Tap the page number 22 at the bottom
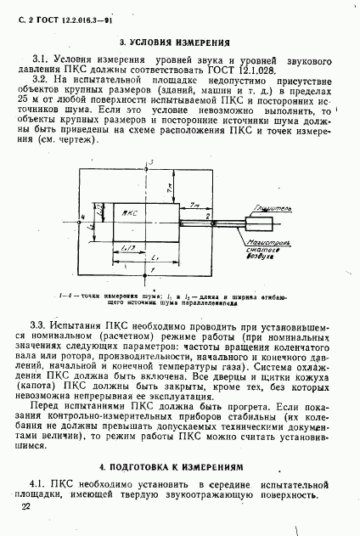[25, 506]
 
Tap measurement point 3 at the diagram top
[149, 162]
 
